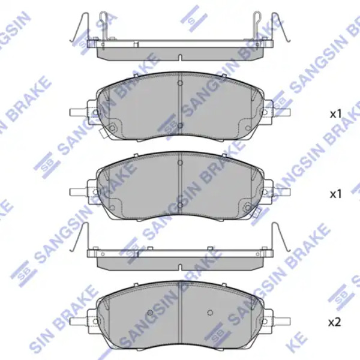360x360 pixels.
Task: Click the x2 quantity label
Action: pyautogui.click(x=335, y=323)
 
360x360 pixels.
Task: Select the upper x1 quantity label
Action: pyautogui.click(x=336, y=114)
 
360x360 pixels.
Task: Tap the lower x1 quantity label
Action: pyautogui.click(x=336, y=194)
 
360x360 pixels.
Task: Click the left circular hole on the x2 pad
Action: pyautogui.click(x=150, y=312)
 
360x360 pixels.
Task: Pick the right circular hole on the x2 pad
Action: pyautogui.click(x=210, y=312)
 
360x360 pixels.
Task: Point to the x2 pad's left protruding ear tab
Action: pyautogui.click(x=79, y=320)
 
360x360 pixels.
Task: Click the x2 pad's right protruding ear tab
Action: pyautogui.click(x=282, y=320)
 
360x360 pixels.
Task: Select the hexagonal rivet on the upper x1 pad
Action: pyautogui.click(x=112, y=128)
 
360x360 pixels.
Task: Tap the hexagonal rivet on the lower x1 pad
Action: pyautogui.click(x=248, y=208)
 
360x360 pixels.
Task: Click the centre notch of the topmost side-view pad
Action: pyautogui.click(x=180, y=58)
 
